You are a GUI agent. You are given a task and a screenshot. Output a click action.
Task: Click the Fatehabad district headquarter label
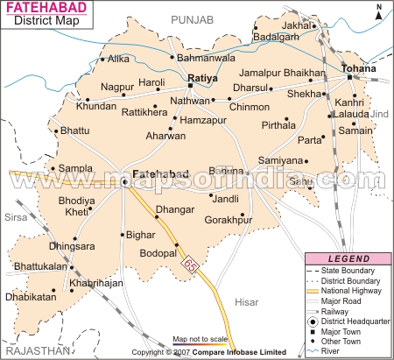coord(160,175)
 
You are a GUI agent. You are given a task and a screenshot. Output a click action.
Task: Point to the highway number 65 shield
coord(189,264)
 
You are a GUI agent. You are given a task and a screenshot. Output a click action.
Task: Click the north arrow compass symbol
coord(380,15)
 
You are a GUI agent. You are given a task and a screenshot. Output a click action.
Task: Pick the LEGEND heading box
coord(348,259)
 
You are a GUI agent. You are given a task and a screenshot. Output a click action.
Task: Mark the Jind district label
coord(378,114)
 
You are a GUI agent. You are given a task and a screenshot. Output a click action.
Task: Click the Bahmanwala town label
coord(207,58)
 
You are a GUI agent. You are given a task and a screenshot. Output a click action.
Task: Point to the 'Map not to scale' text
coord(201,339)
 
